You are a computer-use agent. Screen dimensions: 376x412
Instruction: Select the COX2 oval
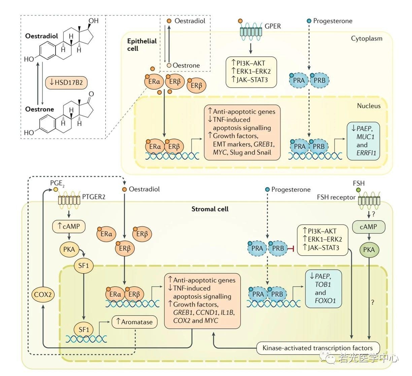point(43,294)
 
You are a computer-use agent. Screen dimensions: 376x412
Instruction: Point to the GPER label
point(273,26)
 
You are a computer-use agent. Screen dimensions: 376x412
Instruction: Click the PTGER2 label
point(94,197)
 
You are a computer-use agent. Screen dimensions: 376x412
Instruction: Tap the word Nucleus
point(369,106)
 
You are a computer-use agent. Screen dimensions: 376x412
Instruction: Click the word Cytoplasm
point(367,38)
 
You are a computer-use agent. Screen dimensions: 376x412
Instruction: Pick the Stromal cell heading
point(210,209)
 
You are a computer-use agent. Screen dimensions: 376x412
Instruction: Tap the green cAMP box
point(368,227)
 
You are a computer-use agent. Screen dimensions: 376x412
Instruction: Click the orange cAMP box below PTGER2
point(69,226)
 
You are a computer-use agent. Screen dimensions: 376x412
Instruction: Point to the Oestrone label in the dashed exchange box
point(186,65)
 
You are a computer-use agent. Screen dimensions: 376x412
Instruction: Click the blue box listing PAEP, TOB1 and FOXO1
point(323,288)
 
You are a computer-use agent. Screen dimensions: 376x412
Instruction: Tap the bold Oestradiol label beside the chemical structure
point(41,36)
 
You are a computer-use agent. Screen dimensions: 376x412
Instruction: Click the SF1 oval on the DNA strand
point(83,329)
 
